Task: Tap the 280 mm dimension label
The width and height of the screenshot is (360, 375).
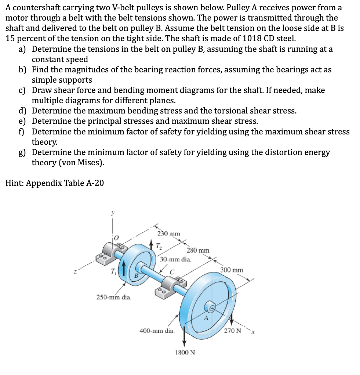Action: (x=198, y=250)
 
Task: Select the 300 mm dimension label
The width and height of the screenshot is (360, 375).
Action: (x=232, y=270)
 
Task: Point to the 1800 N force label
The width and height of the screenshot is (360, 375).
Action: (x=185, y=352)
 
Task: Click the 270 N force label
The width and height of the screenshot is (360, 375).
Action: (x=233, y=331)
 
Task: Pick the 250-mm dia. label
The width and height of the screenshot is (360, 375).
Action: (x=114, y=297)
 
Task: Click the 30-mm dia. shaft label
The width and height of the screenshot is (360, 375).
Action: (x=175, y=259)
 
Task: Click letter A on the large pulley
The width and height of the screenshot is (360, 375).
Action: (x=206, y=318)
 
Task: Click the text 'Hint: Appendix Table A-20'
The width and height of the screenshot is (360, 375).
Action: (x=55, y=183)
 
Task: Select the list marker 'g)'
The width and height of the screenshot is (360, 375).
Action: (x=23, y=152)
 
